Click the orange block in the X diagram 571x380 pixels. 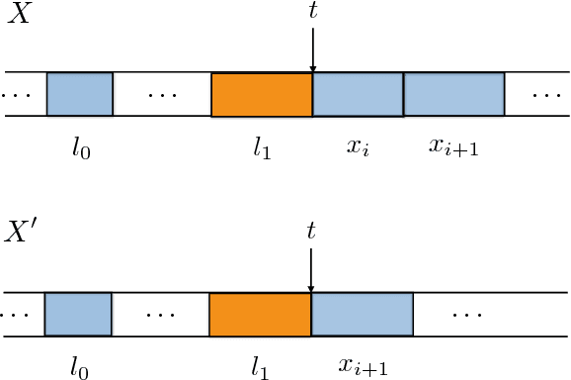pyautogui.click(x=262, y=94)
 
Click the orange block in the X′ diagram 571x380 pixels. pyautogui.click(x=260, y=315)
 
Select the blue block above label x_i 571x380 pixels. pyautogui.click(x=358, y=94)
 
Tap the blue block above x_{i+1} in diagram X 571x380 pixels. pyautogui.click(x=454, y=94)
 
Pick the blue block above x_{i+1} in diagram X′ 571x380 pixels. pyautogui.click(x=362, y=315)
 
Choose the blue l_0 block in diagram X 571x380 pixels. pyautogui.click(x=80, y=94)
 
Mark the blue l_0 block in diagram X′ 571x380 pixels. pyautogui.click(x=78, y=315)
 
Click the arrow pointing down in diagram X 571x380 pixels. pyautogui.click(x=312, y=49)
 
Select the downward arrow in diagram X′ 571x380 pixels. pyautogui.click(x=311, y=269)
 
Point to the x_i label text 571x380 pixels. pyautogui.click(x=358, y=146)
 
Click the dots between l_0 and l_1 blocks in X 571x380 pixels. pyautogui.click(x=162, y=96)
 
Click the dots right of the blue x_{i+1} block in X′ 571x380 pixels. pyautogui.click(x=465, y=315)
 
